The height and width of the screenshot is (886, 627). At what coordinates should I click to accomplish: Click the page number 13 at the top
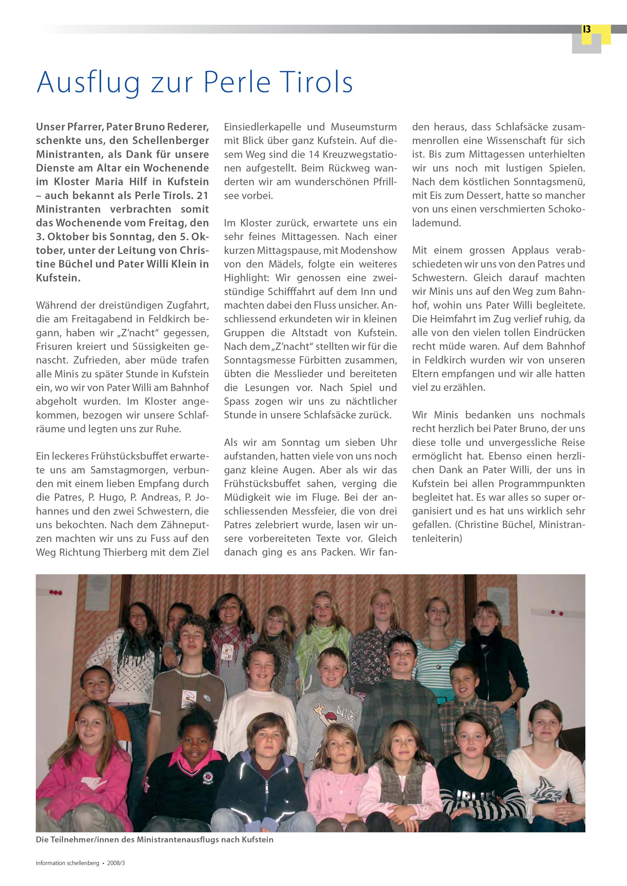click(x=587, y=30)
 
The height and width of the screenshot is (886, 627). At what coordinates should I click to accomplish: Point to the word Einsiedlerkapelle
click(x=263, y=127)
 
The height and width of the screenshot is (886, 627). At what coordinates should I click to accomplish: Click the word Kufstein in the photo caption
click(x=258, y=840)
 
